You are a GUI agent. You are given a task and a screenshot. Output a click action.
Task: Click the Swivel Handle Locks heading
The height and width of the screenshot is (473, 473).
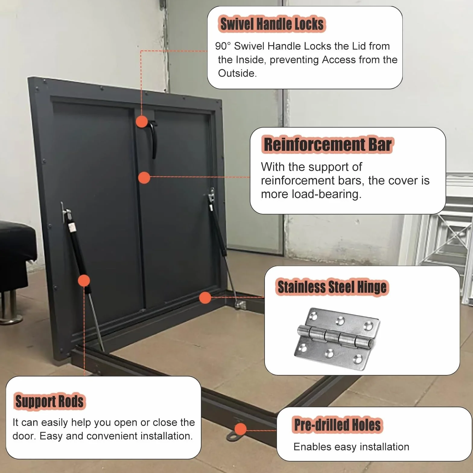(272, 24)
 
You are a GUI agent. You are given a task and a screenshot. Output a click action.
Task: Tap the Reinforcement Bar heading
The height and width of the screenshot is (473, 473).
(328, 144)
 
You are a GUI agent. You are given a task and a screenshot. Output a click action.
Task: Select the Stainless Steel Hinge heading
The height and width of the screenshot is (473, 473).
(332, 287)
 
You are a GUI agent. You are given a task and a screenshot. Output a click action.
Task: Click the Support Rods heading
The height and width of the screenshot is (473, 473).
(49, 402)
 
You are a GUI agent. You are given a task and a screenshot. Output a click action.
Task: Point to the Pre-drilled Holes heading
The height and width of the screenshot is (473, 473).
(337, 425)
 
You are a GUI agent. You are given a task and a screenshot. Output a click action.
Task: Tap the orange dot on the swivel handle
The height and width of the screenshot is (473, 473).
(142, 122)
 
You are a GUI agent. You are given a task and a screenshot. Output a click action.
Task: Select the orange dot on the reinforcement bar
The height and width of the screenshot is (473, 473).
(144, 178)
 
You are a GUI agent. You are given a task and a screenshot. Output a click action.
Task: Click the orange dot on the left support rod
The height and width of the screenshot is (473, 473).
(84, 281)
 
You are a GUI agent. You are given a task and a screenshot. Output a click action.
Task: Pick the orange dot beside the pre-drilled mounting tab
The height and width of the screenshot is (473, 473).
(240, 429)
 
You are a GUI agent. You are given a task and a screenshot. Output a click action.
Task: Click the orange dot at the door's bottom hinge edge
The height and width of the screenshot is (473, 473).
(205, 298)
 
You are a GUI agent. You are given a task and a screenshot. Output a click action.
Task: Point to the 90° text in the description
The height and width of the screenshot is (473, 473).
(223, 46)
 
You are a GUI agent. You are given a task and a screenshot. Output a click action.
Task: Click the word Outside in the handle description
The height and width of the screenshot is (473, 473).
(237, 73)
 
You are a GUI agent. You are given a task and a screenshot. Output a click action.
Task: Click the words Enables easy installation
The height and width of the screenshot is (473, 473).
(351, 447)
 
